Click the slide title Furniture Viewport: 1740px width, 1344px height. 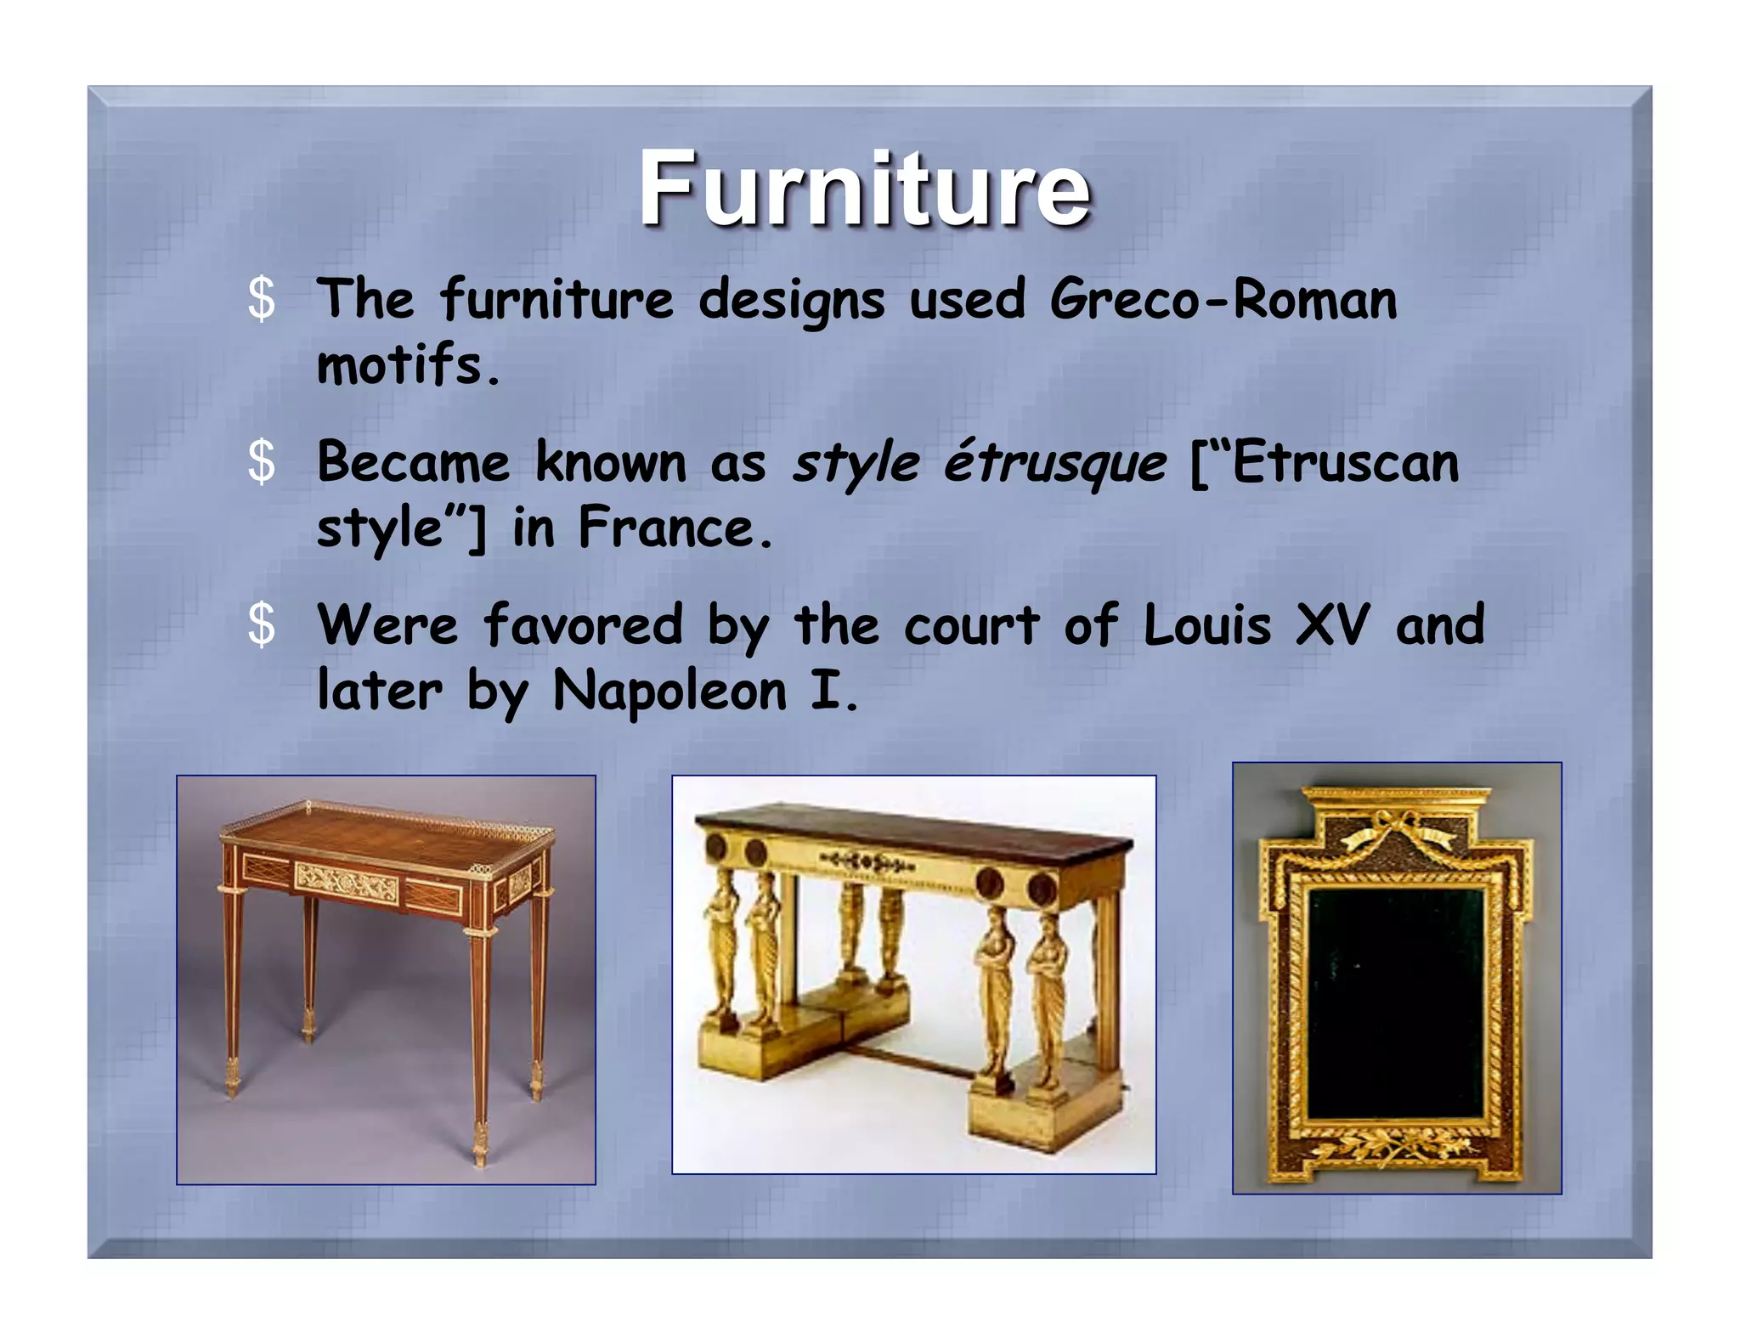coord(864,189)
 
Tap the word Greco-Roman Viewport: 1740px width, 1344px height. coord(1223,300)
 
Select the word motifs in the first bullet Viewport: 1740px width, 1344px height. coord(408,365)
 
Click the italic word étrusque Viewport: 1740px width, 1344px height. coord(1055,464)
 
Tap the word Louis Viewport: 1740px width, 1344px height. coord(1206,625)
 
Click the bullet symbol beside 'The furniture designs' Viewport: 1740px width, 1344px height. coord(262,300)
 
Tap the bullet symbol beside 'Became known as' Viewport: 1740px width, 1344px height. coord(262,463)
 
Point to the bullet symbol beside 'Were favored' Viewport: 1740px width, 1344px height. coord(262,625)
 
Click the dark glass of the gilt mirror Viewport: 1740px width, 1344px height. coord(1396,1002)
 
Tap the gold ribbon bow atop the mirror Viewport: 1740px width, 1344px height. coord(1398,828)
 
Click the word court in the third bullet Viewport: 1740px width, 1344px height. coord(971,625)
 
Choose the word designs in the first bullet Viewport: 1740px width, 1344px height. coord(791,300)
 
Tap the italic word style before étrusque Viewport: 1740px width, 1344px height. coord(856,464)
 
